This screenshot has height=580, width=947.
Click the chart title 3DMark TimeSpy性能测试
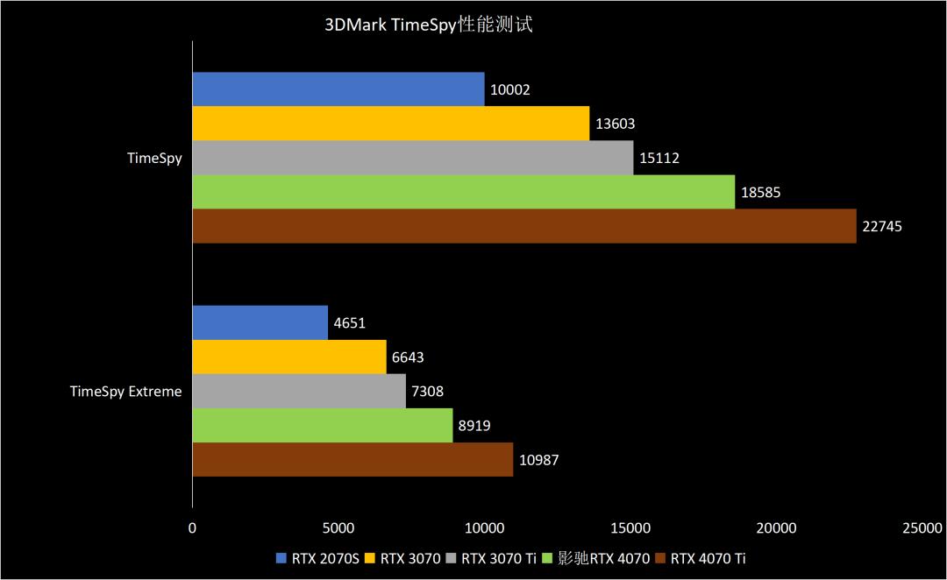click(429, 25)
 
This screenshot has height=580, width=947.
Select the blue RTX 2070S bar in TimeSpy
click(338, 89)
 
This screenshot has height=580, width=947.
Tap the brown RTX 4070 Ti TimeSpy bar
click(523, 226)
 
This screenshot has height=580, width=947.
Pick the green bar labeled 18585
click(463, 192)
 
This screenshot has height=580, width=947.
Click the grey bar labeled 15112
click(412, 158)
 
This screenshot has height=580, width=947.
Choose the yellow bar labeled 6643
click(289, 357)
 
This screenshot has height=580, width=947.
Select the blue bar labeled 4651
click(260, 322)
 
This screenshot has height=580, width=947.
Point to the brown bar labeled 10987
click(352, 459)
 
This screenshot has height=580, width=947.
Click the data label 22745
click(882, 226)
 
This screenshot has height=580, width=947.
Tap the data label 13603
click(615, 124)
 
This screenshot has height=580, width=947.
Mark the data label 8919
click(473, 426)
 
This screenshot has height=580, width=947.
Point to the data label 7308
click(427, 392)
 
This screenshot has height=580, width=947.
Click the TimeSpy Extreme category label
click(126, 392)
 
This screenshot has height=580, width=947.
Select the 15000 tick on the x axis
click(630, 527)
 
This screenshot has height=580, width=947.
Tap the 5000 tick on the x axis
click(338, 527)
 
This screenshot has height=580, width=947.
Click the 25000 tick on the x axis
click(922, 527)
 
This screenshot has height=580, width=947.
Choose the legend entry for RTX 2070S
click(312, 557)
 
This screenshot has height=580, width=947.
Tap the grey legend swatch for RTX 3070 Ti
click(452, 557)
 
